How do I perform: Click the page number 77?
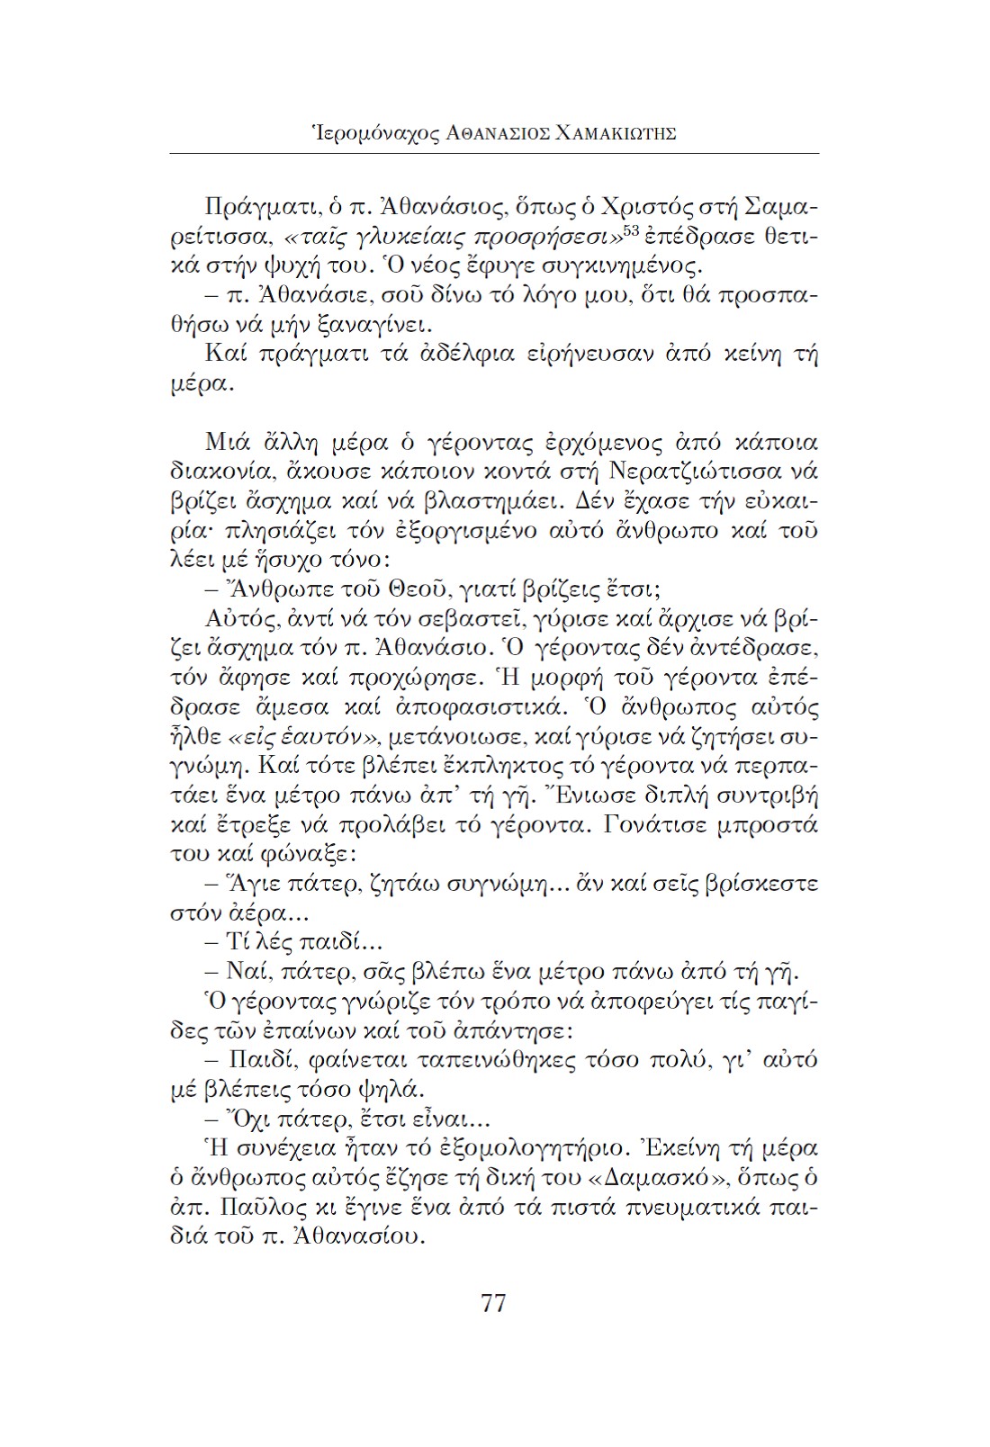tap(493, 1302)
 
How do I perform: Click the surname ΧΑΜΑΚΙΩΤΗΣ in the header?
tap(616, 134)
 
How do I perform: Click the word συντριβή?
tap(766, 795)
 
